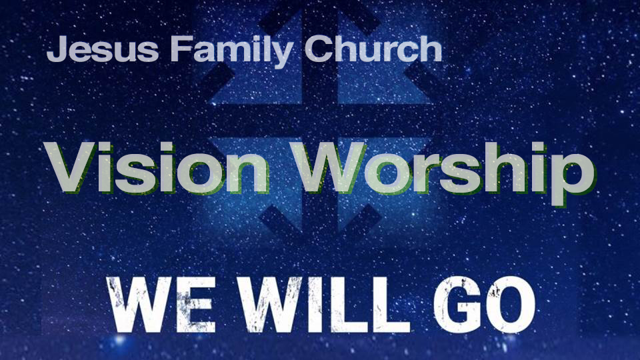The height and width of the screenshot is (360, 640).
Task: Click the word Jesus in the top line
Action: (x=103, y=49)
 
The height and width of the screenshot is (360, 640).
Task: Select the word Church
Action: (x=373, y=49)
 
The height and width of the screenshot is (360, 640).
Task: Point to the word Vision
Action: (x=156, y=167)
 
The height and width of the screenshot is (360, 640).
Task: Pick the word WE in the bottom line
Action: (x=161, y=305)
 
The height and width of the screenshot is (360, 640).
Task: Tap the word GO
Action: (x=485, y=305)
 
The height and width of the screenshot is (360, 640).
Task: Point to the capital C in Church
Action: (x=319, y=49)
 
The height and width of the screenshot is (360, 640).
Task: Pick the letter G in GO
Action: (x=457, y=305)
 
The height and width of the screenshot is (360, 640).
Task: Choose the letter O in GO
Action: (x=511, y=305)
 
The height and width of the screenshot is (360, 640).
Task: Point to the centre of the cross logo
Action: (x=320, y=121)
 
